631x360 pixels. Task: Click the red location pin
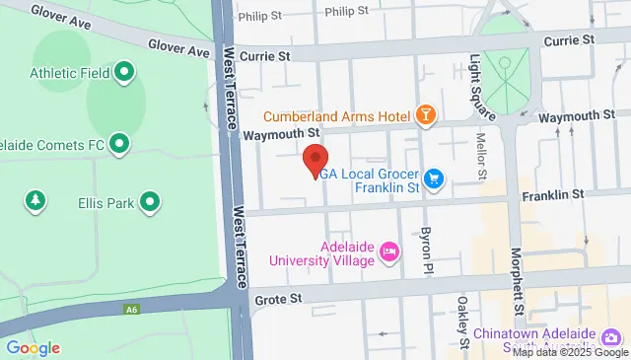pyautogui.click(x=315, y=159)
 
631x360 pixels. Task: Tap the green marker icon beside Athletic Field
pyautogui.click(x=125, y=72)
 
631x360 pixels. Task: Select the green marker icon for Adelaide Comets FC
pyautogui.click(x=119, y=145)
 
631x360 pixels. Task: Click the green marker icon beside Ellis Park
pyautogui.click(x=151, y=203)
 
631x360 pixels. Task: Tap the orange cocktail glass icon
pyautogui.click(x=426, y=116)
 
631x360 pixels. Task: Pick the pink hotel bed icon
pyautogui.click(x=389, y=252)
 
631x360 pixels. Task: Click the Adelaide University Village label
pyautogui.click(x=323, y=253)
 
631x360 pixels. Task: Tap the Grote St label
pyautogui.click(x=276, y=297)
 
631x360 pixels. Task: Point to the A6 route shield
pyautogui.click(x=131, y=310)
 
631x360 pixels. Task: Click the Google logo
pyautogui.click(x=33, y=347)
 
